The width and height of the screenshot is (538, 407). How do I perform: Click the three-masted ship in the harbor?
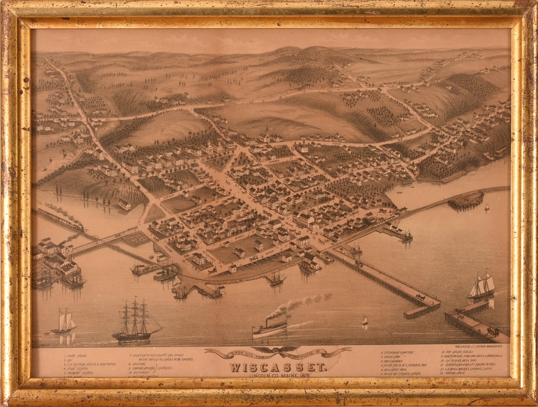(x=135, y=322)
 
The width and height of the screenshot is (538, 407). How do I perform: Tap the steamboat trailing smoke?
(x=270, y=328)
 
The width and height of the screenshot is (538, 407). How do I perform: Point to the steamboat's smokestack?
(x=269, y=321)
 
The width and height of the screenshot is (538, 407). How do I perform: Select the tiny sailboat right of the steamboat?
(x=364, y=321)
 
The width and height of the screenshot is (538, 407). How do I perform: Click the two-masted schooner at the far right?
(x=482, y=286)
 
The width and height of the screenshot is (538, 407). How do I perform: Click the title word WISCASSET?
(x=278, y=366)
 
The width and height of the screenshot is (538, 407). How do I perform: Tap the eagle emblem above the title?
(x=278, y=350)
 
